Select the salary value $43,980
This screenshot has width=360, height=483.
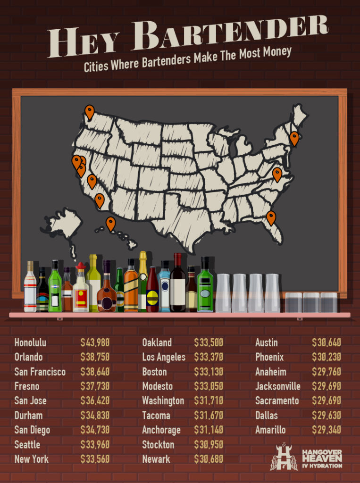[x=95, y=342]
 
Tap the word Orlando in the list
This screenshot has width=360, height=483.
[x=28, y=357]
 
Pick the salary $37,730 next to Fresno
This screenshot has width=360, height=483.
[x=95, y=386]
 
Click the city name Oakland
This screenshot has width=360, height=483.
[x=157, y=342]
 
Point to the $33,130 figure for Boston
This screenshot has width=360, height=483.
[x=209, y=372]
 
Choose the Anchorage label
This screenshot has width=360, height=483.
[x=161, y=430]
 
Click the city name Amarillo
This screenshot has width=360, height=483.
[x=270, y=430]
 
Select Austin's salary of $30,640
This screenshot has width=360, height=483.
[x=327, y=342]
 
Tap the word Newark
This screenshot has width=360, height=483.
[x=157, y=459]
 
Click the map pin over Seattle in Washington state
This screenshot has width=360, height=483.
[x=89, y=112]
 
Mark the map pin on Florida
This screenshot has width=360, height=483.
[x=271, y=217]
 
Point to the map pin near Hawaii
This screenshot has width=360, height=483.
[x=110, y=223]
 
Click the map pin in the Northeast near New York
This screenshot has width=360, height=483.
[x=294, y=138]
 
